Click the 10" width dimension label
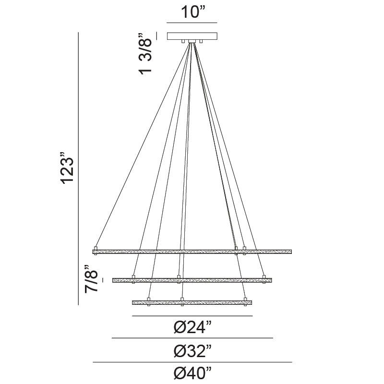click(192, 12)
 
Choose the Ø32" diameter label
click(192, 351)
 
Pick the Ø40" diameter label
click(192, 373)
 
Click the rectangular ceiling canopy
click(192, 36)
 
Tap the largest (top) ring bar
click(192, 252)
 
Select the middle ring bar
click(192, 280)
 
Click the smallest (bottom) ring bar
click(192, 302)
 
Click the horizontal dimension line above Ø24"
click(192, 316)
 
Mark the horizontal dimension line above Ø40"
click(192, 362)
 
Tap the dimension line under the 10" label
click(192, 23)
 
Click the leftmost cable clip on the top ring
click(96, 249)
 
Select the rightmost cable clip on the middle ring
click(264, 277)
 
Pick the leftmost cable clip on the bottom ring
click(149, 300)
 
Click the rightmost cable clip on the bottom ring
click(245, 300)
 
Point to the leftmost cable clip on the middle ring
click(133, 277)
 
